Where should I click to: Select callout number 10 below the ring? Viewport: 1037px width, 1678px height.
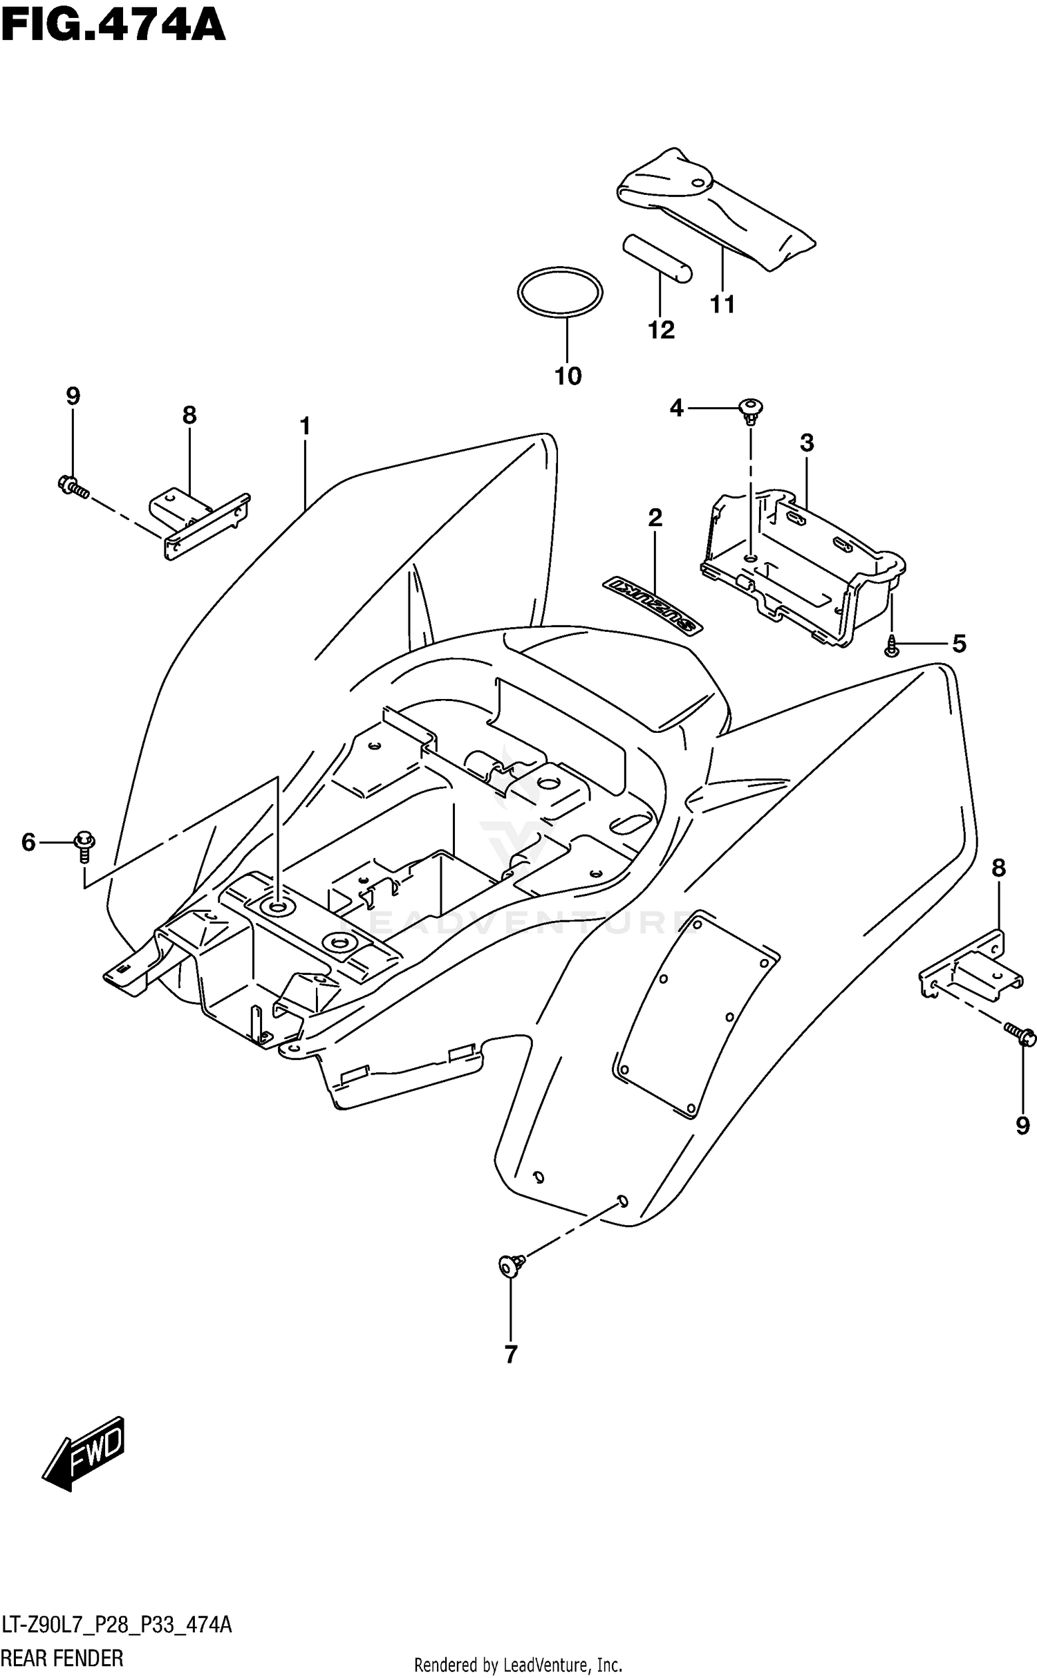pos(568,376)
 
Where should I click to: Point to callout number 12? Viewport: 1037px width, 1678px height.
pos(661,330)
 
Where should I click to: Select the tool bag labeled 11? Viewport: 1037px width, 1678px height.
pos(715,207)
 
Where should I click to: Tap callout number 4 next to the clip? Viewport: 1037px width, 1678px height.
pos(676,409)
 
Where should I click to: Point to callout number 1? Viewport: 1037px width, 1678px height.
pos(305,426)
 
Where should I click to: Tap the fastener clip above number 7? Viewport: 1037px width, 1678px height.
pos(511,1265)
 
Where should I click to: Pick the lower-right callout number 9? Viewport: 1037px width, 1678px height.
pos(1022,1126)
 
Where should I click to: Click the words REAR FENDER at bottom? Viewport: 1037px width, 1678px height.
pos(63,1658)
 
